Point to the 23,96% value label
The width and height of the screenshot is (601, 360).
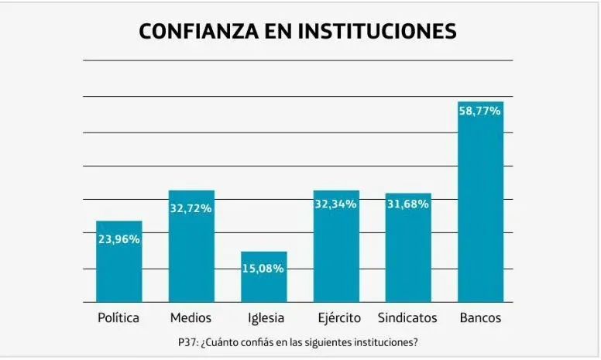(118, 239)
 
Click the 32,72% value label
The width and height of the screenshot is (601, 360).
(191, 208)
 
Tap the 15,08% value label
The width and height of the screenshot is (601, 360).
(264, 269)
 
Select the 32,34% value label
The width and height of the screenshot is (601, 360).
(335, 204)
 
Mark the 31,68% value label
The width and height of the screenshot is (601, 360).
(408, 204)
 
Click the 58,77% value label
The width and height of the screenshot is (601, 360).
(480, 111)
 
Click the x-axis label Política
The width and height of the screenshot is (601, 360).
(118, 318)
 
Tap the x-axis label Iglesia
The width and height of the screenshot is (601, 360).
(266, 318)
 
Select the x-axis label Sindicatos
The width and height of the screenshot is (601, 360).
(407, 318)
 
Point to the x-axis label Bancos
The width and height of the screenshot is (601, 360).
(480, 318)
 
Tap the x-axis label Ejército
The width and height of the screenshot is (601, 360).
(337, 318)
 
